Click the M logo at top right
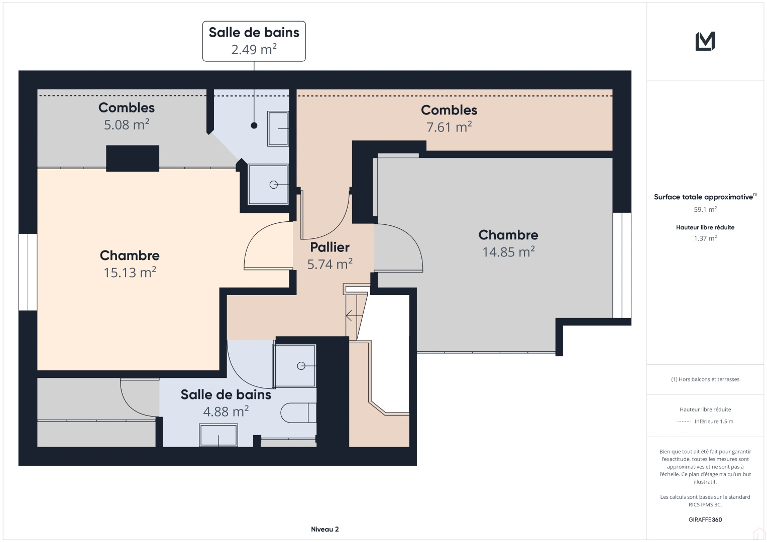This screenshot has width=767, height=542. [x=705, y=41]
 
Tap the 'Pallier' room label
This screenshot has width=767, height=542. [x=330, y=247]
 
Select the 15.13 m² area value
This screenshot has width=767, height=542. [x=130, y=273]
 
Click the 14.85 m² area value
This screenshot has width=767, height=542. [x=508, y=252]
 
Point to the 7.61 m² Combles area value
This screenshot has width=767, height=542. [x=449, y=127]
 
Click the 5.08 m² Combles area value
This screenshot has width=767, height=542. [x=127, y=124]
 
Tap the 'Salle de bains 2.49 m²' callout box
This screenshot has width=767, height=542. [x=254, y=41]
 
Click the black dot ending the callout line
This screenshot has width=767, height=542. [x=254, y=125]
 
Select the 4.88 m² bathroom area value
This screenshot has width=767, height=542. [x=226, y=412]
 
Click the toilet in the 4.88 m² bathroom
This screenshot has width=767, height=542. [x=298, y=413]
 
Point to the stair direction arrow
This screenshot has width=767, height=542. [x=354, y=316]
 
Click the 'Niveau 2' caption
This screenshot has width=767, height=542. [x=324, y=529]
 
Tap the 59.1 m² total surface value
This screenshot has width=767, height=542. [x=705, y=209]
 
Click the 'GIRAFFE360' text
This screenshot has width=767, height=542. [x=705, y=520]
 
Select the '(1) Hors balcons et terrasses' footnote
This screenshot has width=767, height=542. [x=705, y=379]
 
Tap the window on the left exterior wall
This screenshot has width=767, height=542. [x=28, y=272]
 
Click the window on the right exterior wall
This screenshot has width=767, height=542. [x=622, y=265]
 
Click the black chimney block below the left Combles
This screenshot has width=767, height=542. [x=133, y=159]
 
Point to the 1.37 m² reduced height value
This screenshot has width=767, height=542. [x=705, y=238]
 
